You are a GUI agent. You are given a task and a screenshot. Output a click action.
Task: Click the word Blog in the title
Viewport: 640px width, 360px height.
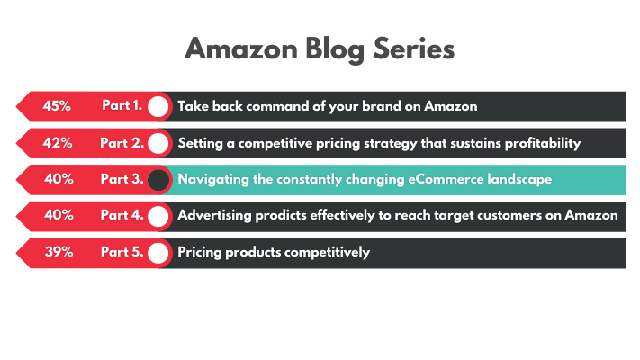point(335,49)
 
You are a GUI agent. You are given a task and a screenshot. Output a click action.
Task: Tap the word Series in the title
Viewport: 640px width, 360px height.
point(413,49)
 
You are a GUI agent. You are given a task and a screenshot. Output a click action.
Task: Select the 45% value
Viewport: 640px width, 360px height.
point(57,106)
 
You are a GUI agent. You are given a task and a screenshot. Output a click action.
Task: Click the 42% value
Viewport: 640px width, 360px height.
point(57,143)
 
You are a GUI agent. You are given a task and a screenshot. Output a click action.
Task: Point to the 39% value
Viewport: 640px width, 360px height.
point(59,251)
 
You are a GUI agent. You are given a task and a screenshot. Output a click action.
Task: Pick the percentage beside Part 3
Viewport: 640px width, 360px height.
point(59,179)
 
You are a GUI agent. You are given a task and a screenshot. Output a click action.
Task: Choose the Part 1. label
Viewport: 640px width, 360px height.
point(122,105)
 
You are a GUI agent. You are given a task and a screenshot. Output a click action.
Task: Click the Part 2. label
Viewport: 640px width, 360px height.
point(122,143)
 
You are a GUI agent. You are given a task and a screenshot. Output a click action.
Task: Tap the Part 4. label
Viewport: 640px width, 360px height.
point(122,215)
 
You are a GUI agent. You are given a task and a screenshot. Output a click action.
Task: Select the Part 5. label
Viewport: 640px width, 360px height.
point(122,251)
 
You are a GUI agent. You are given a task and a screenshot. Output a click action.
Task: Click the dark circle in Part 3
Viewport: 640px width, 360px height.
point(158,180)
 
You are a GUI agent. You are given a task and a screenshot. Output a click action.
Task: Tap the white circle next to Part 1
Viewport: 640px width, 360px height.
point(158,107)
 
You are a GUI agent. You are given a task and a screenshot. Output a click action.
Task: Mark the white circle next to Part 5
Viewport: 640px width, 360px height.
point(158,253)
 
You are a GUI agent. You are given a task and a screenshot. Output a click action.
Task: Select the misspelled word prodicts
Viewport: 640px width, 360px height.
point(281,215)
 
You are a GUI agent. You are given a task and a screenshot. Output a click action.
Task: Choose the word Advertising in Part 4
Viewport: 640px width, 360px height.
point(215,215)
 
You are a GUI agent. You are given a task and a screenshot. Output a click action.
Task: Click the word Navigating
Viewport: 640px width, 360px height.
point(213,180)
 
